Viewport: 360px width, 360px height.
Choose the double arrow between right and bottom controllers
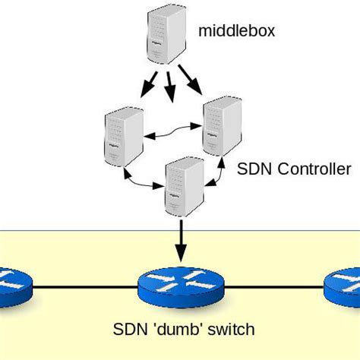point(216,171)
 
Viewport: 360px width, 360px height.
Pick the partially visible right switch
point(343,287)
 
